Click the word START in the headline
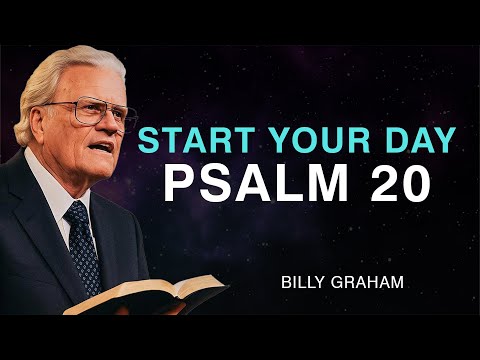click(x=183, y=140)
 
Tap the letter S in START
click(x=149, y=140)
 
